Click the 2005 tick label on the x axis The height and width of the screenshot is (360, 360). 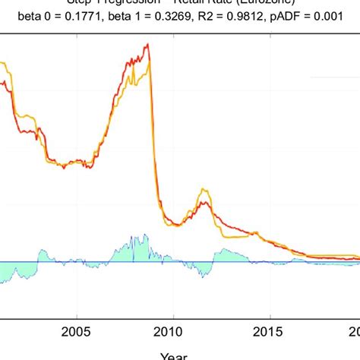pos(75,332)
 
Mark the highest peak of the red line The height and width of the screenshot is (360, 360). pos(147,45)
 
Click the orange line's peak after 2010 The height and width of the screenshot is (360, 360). pos(201,190)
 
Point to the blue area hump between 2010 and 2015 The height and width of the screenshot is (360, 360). pos(228,253)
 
